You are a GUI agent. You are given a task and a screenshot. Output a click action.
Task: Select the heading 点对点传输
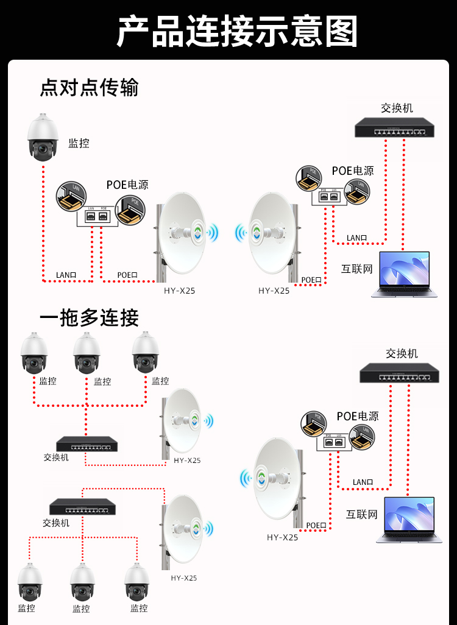(89, 87)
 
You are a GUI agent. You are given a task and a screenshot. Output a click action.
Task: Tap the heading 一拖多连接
(89, 317)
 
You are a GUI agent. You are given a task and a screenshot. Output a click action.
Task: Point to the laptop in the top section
(404, 275)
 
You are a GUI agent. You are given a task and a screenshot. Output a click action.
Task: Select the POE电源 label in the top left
(127, 185)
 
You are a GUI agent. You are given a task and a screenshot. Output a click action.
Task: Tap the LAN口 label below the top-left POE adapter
(66, 275)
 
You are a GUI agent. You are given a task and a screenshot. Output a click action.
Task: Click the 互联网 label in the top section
(356, 269)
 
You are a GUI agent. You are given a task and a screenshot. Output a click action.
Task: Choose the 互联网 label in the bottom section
(362, 514)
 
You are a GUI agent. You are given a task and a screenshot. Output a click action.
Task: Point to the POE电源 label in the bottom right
(358, 416)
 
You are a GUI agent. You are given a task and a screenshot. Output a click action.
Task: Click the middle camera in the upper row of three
(87, 353)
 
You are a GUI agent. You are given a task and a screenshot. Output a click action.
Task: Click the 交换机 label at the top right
(397, 108)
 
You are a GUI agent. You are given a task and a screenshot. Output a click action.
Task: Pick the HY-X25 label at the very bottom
(184, 578)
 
